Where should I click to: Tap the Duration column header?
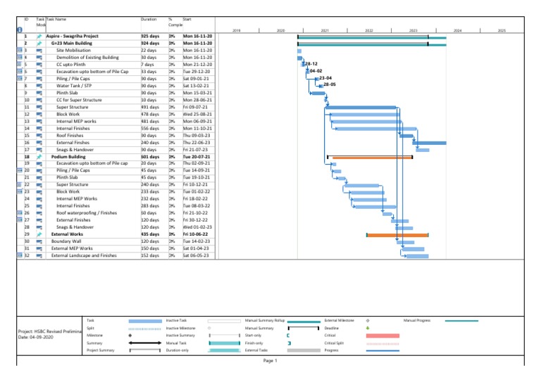click(149, 20)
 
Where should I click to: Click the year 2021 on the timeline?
click(325, 31)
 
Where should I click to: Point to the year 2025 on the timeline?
click(502, 31)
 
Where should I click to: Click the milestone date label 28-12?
click(311, 64)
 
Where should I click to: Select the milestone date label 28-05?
click(329, 84)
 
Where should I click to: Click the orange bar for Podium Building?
click(371, 158)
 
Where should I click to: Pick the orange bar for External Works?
click(397, 235)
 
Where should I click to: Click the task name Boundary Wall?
click(66, 241)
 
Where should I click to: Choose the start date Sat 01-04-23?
click(197, 248)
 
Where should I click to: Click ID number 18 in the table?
click(26, 156)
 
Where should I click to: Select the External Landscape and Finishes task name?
click(84, 255)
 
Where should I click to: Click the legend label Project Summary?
click(100, 350)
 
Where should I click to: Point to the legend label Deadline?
click(331, 328)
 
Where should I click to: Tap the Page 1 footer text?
click(270, 361)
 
